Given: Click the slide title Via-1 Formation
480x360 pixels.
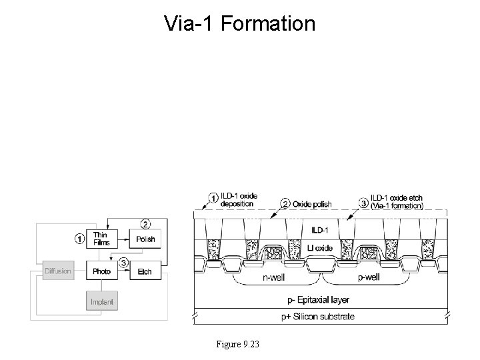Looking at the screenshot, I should (x=239, y=25).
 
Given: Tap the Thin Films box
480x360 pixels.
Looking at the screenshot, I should (x=101, y=239).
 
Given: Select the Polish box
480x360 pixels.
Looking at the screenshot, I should (x=145, y=239).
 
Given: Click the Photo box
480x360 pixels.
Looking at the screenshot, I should (x=101, y=271).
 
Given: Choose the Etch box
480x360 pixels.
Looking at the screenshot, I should (x=145, y=271).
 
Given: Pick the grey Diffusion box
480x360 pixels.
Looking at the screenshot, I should (x=58, y=271).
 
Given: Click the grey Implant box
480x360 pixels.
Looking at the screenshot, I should (x=101, y=302).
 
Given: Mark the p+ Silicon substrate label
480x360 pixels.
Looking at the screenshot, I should (x=318, y=316).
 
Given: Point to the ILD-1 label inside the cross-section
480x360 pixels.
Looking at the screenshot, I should (x=319, y=231).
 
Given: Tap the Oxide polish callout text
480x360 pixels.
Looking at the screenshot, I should (x=311, y=203).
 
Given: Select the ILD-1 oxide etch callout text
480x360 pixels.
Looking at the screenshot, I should (x=396, y=201).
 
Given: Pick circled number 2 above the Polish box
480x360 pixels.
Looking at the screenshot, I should (x=145, y=222).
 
